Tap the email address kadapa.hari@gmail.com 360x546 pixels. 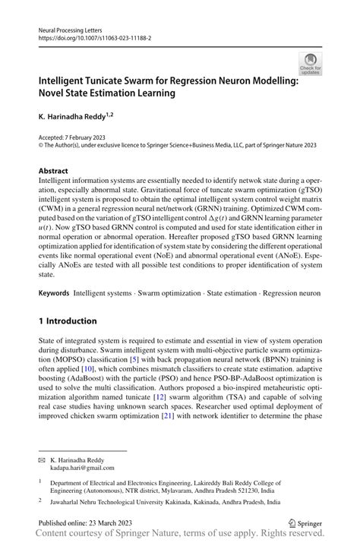coord(82,469)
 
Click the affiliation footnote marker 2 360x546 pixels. coord(40,501)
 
